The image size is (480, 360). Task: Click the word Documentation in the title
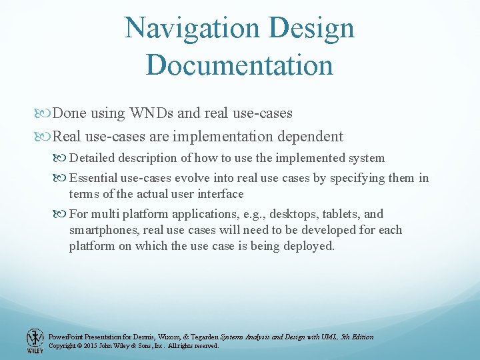(239, 65)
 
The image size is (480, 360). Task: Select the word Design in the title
(313, 29)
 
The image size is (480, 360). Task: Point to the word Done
(69, 113)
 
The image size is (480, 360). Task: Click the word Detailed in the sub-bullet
(92, 158)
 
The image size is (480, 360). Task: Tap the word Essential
(93, 178)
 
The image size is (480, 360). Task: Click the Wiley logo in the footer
(34, 341)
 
